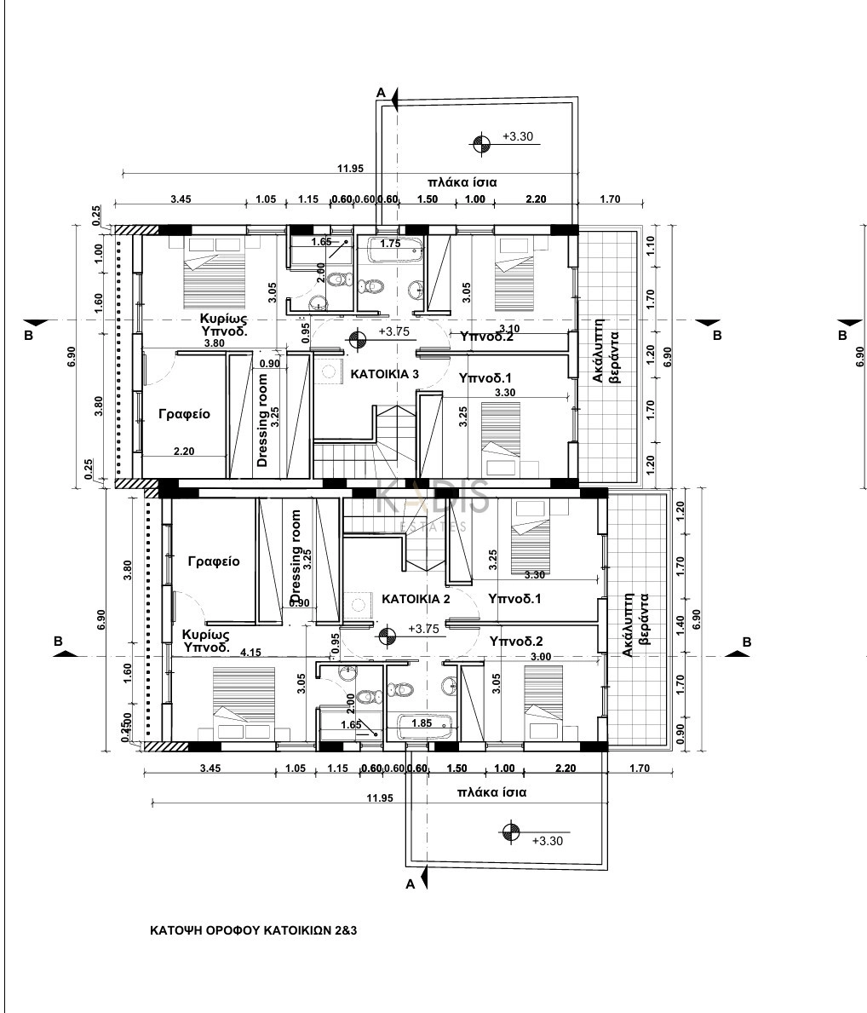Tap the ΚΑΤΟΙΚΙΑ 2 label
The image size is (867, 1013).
coord(416,599)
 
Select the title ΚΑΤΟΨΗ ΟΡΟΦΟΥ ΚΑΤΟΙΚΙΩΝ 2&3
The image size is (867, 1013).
coord(253,930)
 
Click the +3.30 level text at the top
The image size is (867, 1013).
coord(518,135)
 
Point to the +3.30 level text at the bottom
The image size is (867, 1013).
coord(546,840)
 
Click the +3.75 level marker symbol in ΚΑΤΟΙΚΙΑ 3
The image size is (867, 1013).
coord(359,340)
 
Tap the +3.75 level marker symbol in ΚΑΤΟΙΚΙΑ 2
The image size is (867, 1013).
coord(388,635)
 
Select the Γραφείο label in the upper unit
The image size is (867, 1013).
coord(184,414)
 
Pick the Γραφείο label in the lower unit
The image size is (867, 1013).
coord(214,561)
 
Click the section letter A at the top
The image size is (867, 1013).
coord(382,91)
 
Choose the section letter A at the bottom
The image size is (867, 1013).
coord(410,884)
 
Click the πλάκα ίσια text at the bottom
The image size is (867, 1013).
coord(491,791)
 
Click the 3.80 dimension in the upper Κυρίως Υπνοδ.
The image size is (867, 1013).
coord(214,343)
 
